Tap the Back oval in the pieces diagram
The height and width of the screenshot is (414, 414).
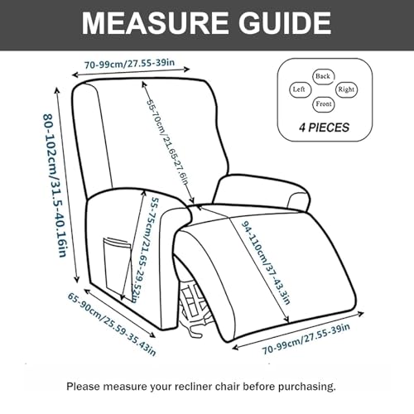(x=323, y=75)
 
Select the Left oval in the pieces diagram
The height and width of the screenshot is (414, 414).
(x=299, y=89)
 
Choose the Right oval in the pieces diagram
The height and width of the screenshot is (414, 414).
(x=346, y=89)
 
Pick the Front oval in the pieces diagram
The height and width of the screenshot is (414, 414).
(x=323, y=104)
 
